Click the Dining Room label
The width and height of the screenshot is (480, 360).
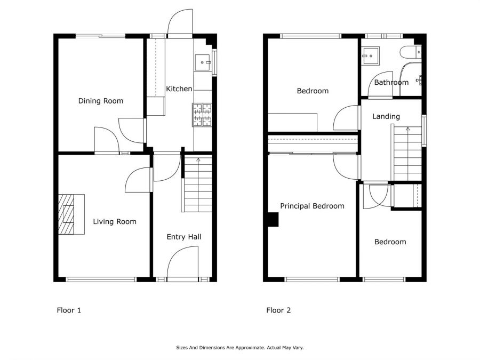click(101, 101)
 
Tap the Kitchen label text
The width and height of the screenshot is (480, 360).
click(179, 89)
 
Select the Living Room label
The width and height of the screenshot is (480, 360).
click(115, 222)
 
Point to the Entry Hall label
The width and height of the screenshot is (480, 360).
click(184, 237)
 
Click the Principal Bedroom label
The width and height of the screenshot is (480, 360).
click(312, 206)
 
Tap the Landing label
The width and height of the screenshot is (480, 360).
click(386, 116)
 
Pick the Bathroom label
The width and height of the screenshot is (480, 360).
click(391, 82)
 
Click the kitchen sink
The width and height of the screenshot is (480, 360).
click(203, 62)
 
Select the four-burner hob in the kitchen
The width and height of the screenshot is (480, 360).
click(202, 115)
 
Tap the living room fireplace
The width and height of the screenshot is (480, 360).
click(71, 214)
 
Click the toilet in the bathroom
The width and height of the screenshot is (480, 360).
click(411, 52)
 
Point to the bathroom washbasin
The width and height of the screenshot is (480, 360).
click(370, 56)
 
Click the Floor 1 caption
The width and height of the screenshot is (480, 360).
click(69, 310)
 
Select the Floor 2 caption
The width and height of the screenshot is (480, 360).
click(278, 310)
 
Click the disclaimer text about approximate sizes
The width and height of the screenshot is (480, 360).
click(239, 347)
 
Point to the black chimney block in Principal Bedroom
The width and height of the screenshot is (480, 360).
click(274, 220)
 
